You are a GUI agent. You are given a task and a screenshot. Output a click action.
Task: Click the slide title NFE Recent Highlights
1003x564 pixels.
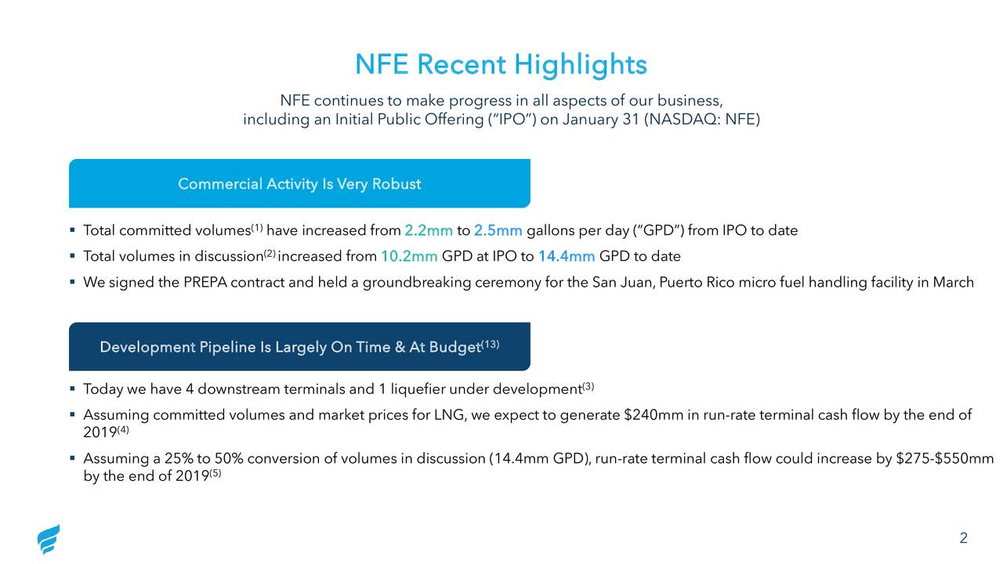click(x=501, y=64)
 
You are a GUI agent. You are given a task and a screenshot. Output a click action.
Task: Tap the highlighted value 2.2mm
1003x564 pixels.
click(x=429, y=230)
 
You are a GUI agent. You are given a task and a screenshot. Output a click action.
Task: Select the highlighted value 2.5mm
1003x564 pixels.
click(x=498, y=230)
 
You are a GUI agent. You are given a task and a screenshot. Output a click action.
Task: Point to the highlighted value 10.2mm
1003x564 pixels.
click(x=409, y=256)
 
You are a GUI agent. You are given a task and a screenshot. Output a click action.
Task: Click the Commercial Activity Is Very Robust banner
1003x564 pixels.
click(x=299, y=184)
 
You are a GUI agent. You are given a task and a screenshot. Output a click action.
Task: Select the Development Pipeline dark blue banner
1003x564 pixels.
click(x=299, y=347)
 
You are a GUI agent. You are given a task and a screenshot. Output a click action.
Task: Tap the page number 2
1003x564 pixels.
click(x=963, y=538)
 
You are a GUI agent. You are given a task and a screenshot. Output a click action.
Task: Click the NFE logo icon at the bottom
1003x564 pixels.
click(x=49, y=540)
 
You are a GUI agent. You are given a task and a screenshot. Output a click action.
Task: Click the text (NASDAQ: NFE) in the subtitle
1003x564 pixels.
click(x=701, y=120)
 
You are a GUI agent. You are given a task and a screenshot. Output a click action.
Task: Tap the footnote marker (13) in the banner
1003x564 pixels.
click(x=491, y=344)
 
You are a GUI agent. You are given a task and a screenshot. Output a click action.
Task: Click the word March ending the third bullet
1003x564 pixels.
click(x=953, y=282)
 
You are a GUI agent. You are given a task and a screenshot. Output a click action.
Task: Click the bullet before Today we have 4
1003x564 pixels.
click(x=72, y=389)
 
